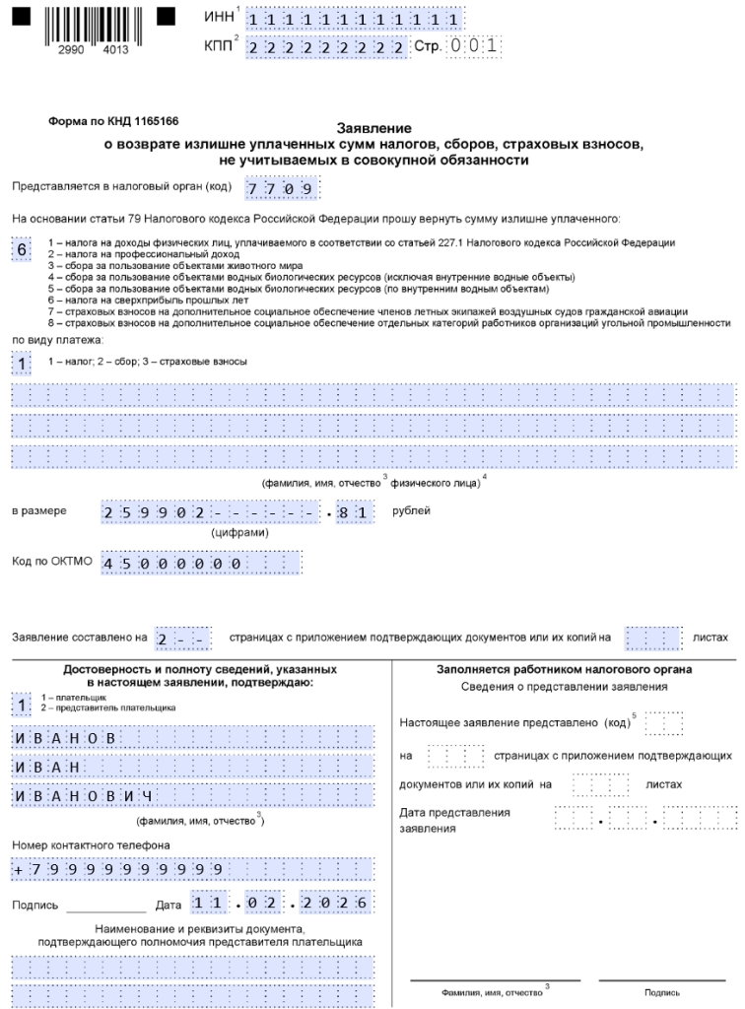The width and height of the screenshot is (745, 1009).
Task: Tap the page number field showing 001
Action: pos(474,45)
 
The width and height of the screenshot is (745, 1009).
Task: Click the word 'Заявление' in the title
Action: pos(374,129)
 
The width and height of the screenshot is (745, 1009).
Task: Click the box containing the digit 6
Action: pos(22,249)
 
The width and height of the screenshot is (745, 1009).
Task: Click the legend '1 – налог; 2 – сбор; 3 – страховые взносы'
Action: pos(148,362)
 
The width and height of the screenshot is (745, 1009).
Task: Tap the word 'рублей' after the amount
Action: pos(411,511)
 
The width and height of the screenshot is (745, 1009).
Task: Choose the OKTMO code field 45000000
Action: pos(201,563)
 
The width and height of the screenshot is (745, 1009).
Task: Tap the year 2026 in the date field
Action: pos(346,905)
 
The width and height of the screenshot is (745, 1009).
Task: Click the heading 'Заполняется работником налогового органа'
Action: pos(565,670)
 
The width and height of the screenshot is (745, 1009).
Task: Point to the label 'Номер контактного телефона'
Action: pos(78,844)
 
